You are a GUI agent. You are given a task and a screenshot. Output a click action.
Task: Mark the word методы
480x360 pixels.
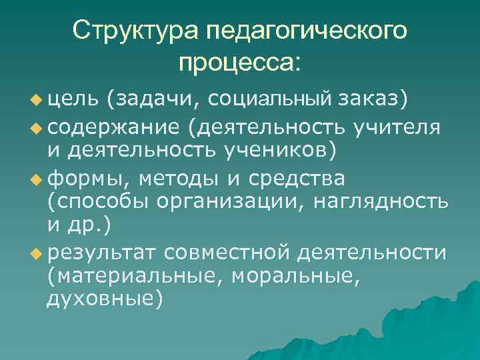click(177, 179)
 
